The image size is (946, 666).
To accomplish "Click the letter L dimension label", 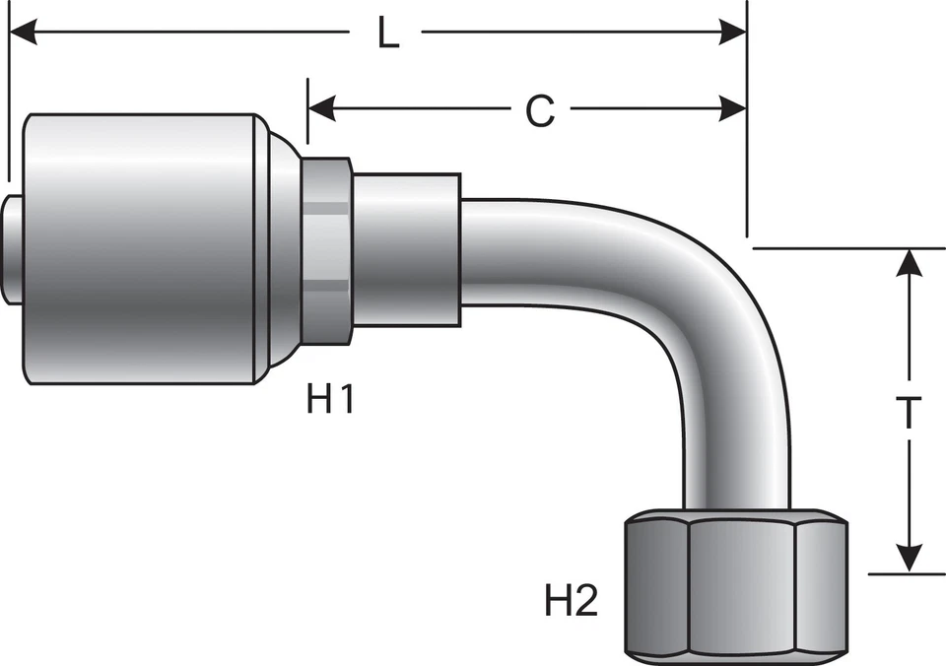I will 388,35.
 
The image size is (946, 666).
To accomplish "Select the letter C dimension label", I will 539,111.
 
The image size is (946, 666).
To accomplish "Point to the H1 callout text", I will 329,400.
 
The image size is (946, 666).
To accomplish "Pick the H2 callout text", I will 572,600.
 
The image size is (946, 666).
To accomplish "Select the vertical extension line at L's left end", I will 8,99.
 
